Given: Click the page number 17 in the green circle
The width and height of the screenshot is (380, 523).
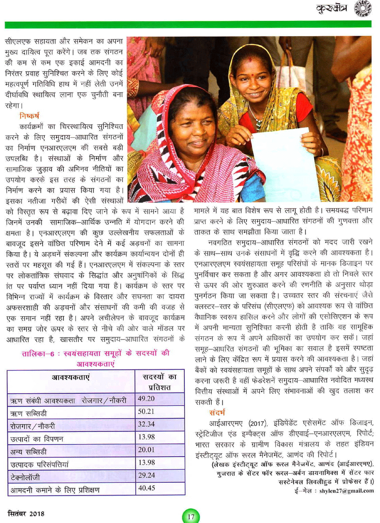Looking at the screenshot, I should pyautogui.click(x=191, y=517).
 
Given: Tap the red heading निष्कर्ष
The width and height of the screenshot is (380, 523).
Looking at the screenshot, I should pyautogui.click(x=29, y=116).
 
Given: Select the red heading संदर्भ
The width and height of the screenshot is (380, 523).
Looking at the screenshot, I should pyautogui.click(x=217, y=412).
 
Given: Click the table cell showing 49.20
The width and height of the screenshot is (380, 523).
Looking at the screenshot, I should pyautogui.click(x=146, y=399).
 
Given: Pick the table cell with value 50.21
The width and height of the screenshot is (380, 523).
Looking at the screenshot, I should pyautogui.click(x=146, y=411).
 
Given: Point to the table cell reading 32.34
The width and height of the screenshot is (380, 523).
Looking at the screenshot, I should pyautogui.click(x=146, y=424).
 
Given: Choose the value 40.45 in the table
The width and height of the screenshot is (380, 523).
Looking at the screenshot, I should pyautogui.click(x=147, y=488).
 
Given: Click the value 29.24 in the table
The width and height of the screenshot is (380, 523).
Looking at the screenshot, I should pyautogui.click(x=147, y=475).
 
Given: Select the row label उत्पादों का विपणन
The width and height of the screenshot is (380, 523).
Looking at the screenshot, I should pyautogui.click(x=37, y=439).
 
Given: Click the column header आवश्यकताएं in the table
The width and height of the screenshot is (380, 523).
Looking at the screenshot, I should pyautogui.click(x=71, y=377).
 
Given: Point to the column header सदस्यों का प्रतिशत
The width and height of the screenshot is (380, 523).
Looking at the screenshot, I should pyautogui.click(x=160, y=382).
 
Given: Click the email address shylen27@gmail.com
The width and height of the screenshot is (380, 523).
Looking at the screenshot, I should pyautogui.click(x=347, y=491).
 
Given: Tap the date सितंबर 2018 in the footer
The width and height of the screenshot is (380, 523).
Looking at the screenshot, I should pyautogui.click(x=26, y=514).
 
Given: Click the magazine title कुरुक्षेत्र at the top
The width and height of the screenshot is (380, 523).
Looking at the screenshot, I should pyautogui.click(x=332, y=8).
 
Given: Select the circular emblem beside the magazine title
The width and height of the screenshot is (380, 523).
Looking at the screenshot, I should pyautogui.click(x=363, y=8).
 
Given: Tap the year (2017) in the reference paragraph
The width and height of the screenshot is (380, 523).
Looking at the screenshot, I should pyautogui.click(x=258, y=423).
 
